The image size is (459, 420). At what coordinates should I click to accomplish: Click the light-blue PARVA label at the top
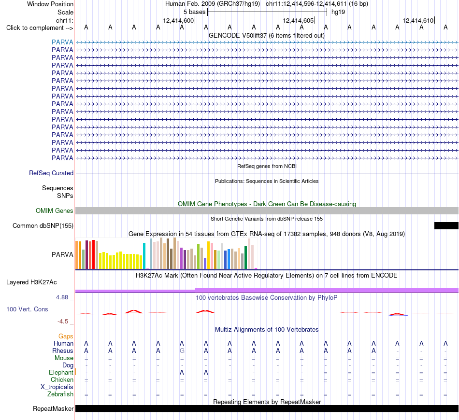pos(62,42)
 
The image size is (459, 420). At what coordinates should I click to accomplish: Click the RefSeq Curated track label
pos(51,173)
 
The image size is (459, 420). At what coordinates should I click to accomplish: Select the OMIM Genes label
pos(55,210)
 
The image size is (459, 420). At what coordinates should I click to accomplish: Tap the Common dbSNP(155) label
pos(43,226)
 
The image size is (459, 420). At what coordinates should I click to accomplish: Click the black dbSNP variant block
pos(446,225)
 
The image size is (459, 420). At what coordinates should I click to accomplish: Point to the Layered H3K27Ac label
pos(31,282)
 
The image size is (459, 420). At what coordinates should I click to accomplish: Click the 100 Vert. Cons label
pos(27,309)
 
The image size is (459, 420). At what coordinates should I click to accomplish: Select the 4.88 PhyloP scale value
pos(62,297)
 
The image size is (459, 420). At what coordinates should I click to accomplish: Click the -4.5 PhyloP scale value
pos(63,322)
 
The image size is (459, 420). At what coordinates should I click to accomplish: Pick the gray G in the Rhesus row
pos(182,350)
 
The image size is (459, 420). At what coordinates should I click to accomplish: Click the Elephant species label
pos(61,372)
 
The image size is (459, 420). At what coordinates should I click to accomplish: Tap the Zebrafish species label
pos(60,394)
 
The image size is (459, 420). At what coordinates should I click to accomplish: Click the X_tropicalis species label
pos(57,387)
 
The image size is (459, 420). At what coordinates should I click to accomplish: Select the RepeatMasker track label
pos(53,408)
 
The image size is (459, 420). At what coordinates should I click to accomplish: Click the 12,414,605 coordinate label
pos(298,20)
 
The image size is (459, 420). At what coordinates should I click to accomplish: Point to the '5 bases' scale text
pos(194,12)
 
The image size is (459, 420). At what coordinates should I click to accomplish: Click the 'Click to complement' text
pos(35,28)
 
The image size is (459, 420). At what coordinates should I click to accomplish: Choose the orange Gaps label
pos(66,336)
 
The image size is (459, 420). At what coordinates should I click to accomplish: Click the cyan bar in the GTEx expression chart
pos(144,256)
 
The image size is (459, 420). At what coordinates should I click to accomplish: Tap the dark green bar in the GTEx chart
pos(246,257)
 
